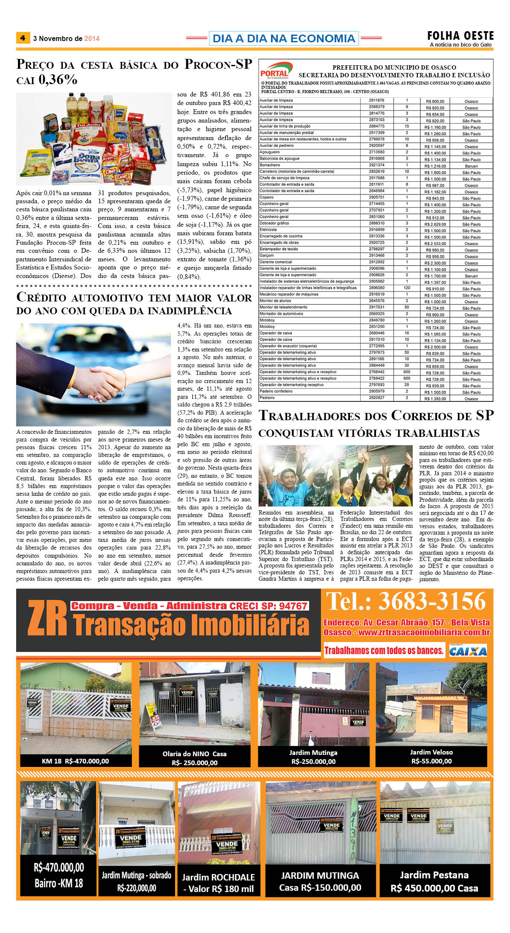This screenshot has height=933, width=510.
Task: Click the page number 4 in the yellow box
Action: [x=23, y=38]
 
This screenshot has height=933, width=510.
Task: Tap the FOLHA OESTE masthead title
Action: [x=460, y=36]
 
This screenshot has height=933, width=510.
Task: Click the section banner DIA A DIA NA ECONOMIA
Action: [x=283, y=38]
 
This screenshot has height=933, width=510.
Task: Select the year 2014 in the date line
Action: [x=92, y=38]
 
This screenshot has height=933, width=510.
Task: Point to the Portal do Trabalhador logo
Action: [x=276, y=70]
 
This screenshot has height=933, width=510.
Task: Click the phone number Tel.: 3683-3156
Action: [x=406, y=601]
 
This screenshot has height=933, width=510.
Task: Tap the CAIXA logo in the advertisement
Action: [x=468, y=651]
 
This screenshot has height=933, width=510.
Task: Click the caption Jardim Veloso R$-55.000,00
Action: [x=431, y=757]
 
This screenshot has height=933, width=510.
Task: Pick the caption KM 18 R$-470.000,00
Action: [x=75, y=761]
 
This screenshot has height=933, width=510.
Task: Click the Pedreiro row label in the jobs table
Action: [x=267, y=398]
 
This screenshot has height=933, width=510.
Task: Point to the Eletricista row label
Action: [x=268, y=229]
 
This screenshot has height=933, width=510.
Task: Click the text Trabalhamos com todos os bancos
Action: [x=384, y=650]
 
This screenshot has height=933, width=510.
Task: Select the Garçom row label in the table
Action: [x=267, y=255]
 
